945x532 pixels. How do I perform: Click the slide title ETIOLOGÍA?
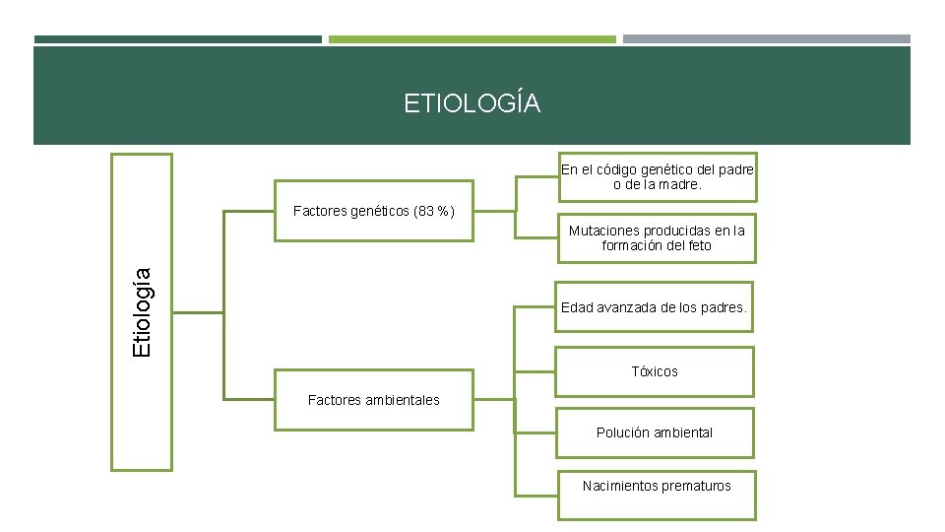point(472,103)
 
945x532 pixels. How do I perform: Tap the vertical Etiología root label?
point(142,312)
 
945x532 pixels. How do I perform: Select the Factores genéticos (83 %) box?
point(374,211)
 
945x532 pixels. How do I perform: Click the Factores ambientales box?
point(374,400)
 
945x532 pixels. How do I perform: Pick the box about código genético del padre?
point(657,177)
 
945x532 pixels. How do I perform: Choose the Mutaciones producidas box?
point(657,238)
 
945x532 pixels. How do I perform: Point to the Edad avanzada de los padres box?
point(655,308)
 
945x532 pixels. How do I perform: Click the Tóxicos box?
point(655,372)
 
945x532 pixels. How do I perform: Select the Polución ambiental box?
point(655,432)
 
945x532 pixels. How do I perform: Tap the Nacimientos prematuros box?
point(657,486)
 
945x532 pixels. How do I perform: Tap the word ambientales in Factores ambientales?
point(402,400)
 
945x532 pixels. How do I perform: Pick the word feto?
point(699,245)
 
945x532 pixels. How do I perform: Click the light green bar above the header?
point(472,39)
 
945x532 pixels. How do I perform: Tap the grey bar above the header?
point(766,39)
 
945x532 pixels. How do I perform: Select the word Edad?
point(577,308)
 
